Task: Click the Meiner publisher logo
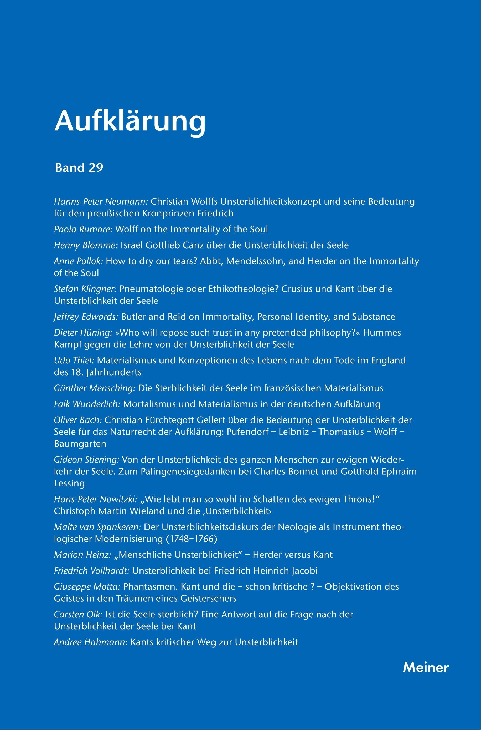click(x=426, y=667)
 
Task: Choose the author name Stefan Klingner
click(x=85, y=289)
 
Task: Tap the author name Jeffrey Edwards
click(x=86, y=317)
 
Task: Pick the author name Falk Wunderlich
click(x=87, y=404)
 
